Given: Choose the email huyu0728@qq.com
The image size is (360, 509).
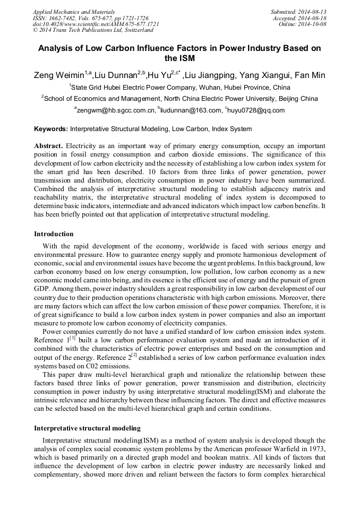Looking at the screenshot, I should coord(256,110).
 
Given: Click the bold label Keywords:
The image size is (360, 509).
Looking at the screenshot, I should coord(51,129).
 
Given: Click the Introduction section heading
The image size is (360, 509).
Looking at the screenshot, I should coord(54,234).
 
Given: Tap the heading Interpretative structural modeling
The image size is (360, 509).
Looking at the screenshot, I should coord(87,428).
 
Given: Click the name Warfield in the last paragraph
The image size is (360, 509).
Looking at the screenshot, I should coord(295,449).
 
